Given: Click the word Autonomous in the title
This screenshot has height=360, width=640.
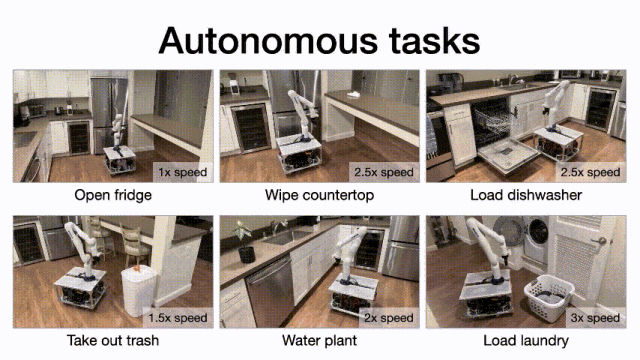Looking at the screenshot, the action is pos(269,41).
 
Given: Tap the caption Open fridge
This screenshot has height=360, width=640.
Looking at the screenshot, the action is pos(113,196).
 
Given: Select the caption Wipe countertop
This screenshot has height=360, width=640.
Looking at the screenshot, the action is pos(319,195).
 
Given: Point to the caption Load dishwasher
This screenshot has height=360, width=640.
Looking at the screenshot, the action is pos(526,195).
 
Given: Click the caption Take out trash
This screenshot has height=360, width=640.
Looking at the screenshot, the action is pos(113,340).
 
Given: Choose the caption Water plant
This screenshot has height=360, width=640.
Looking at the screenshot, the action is pos(319,340).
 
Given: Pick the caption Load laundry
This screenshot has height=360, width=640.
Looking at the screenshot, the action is pos(526,340).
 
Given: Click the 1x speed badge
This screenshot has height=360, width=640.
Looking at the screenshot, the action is pos(183,172).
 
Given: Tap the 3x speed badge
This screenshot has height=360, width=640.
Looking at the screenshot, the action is pos(596,318).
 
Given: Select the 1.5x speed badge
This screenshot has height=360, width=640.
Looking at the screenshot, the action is pos(178,318).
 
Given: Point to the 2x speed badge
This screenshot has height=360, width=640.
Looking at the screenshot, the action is pos(389,318).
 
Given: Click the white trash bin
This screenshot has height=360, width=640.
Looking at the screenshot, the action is pos(138,290).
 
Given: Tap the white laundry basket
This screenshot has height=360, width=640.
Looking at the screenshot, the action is pos(549,298).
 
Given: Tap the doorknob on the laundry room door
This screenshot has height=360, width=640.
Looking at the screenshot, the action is pos(601,241).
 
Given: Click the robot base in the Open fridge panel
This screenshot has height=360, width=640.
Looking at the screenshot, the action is pos(119,160).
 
